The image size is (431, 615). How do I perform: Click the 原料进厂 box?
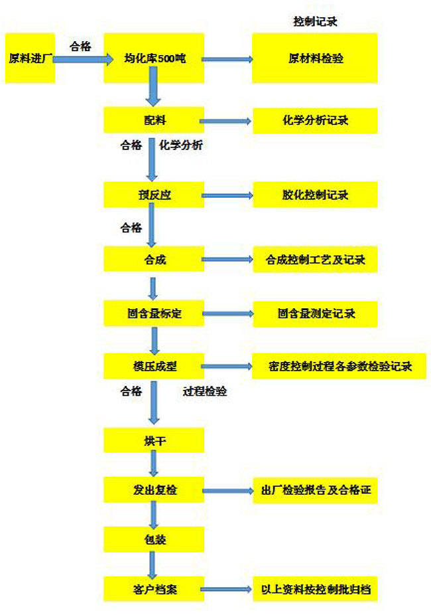tap(30, 58)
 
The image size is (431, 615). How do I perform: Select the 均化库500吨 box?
tap(154, 58)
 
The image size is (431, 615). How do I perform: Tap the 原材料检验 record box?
tap(315, 58)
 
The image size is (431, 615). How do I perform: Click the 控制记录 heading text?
tap(315, 21)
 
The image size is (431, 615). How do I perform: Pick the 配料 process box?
tap(154, 120)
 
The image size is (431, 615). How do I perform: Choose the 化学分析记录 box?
tap(315, 120)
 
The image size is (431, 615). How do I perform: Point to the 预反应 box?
tap(154, 195)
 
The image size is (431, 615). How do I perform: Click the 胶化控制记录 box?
tap(315, 195)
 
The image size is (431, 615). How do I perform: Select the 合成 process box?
tap(154, 259)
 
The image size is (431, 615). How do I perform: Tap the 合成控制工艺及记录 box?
tap(315, 259)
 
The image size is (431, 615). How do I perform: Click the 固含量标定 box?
tap(154, 313)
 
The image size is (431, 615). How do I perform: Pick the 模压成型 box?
tap(154, 366)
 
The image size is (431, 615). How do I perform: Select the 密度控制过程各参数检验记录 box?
tap(339, 366)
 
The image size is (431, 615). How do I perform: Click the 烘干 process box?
tap(154, 440)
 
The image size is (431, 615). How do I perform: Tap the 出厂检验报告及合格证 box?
tap(315, 490)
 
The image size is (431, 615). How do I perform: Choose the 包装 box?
tap(154, 539)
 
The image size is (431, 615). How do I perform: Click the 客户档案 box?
tap(154, 588)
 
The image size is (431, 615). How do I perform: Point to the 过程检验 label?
tap(205, 391)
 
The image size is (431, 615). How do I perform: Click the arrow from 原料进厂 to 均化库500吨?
tap(83, 59)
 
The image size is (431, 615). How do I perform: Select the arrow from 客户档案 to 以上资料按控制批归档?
tap(226, 589)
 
